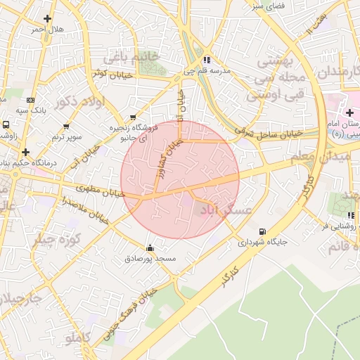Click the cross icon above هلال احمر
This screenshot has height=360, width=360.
pos(47,18)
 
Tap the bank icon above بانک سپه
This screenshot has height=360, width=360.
pos(30,101)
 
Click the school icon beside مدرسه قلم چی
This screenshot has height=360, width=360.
pos(206,60)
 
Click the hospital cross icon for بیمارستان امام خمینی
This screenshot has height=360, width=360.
pos(349,113)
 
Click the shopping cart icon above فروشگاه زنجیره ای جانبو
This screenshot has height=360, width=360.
pos(134,117)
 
